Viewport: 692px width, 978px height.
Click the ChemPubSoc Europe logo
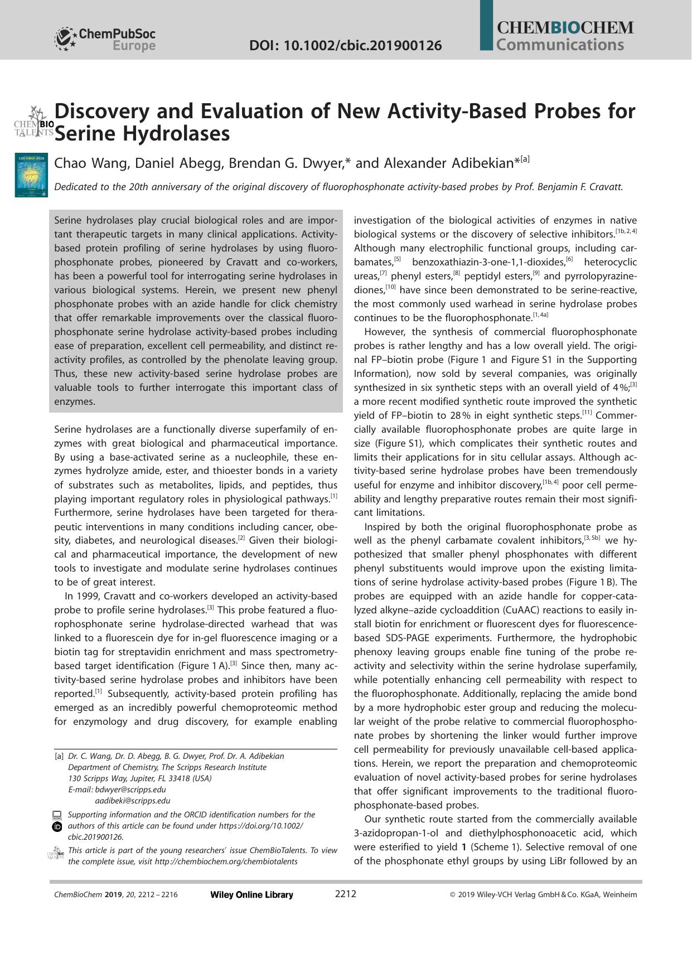tap(105, 40)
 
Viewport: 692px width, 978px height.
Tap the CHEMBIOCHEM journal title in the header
tap(564, 28)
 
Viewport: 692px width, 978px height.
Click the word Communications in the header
tap(559, 45)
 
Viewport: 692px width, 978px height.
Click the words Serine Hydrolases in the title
tap(142, 134)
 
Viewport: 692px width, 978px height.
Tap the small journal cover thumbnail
tap(32, 176)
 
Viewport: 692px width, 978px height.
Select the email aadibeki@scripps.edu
tap(133, 801)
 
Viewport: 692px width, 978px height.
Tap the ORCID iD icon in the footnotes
tap(56, 826)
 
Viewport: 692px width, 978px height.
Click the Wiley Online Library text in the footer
tap(251, 895)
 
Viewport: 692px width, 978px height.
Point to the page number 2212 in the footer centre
tap(345, 894)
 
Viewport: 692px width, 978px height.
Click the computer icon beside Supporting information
tap(56, 815)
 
